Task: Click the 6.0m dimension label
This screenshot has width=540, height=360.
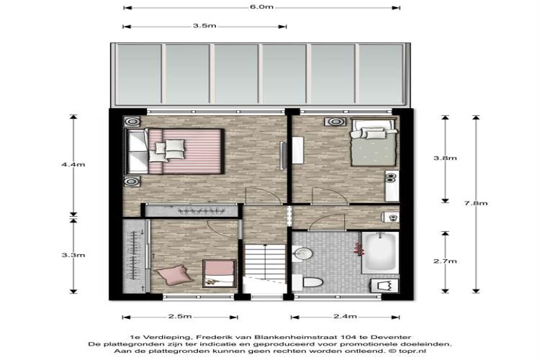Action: click(262, 7)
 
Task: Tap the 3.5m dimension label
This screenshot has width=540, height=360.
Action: click(204, 26)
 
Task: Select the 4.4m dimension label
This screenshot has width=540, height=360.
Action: click(73, 164)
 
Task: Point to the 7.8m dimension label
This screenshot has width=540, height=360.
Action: click(476, 203)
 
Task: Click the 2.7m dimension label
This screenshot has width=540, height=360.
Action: click(445, 261)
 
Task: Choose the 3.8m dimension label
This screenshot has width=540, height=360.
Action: click(445, 158)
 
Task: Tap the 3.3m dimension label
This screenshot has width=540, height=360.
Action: click(73, 255)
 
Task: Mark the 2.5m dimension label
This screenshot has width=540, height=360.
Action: click(180, 316)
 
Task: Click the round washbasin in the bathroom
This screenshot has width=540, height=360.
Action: click(302, 254)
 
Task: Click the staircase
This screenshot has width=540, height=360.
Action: click(264, 264)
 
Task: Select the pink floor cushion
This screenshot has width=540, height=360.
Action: click(174, 274)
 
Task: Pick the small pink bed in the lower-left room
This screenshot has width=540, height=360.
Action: click(219, 274)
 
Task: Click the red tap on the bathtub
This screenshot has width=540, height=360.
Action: click(358, 248)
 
